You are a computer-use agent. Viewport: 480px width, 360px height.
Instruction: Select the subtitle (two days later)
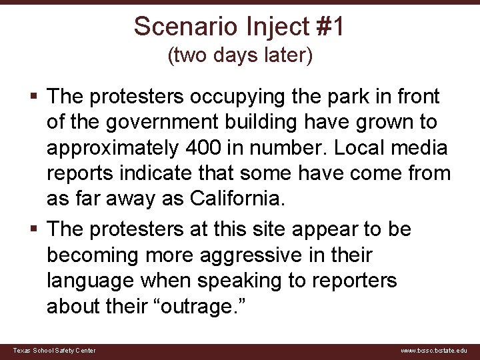coord(240,56)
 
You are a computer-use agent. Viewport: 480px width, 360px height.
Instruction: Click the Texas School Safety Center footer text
coord(54,351)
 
